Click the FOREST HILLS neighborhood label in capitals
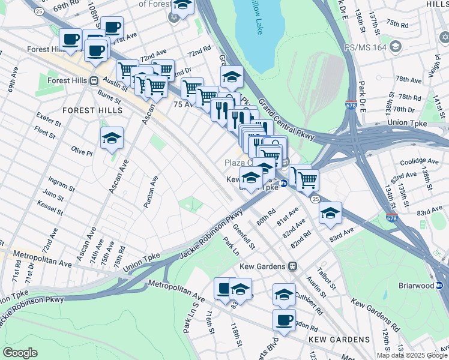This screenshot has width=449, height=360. click(92, 110)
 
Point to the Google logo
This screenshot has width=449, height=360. click(20, 352)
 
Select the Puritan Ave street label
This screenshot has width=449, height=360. click(149, 191)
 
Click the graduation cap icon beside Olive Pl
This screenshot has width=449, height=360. click(112, 139)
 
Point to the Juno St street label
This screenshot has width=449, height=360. click(53, 195)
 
